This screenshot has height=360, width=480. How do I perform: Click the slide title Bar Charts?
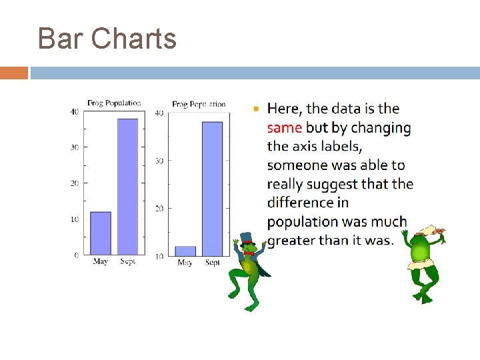(x=107, y=39)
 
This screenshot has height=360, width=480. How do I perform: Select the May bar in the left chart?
(x=100, y=233)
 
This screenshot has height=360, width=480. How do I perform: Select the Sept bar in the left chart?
(x=127, y=187)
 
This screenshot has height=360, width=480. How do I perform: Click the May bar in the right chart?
(x=185, y=251)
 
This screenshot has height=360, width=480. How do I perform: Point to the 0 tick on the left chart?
(x=76, y=255)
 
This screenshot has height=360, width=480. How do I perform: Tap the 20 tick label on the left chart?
(x=75, y=183)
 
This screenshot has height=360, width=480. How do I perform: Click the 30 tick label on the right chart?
(x=159, y=161)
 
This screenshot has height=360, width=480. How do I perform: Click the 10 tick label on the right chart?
(x=159, y=257)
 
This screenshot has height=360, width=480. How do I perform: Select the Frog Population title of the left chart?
(x=114, y=103)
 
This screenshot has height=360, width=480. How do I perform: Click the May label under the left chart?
(x=100, y=262)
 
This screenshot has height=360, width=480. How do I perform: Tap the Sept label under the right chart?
(x=212, y=263)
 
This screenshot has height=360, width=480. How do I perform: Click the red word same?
(x=285, y=127)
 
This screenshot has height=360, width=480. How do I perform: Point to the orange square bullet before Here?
(x=256, y=108)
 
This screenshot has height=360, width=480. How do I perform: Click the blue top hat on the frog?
(x=247, y=239)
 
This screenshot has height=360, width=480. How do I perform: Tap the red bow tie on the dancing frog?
(x=248, y=253)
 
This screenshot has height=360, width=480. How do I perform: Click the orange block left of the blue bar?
(x=14, y=73)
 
